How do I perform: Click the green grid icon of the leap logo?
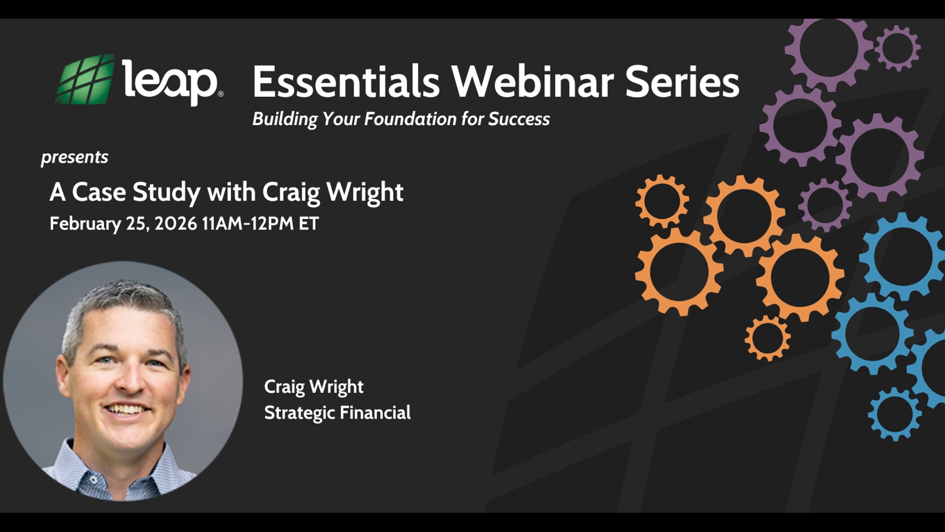coord(85,80)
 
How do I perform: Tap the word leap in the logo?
coord(169,81)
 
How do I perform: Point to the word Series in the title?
coord(682,82)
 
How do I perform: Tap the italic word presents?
coord(74,157)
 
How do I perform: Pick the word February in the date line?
coord(85,224)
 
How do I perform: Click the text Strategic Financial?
coord(337,413)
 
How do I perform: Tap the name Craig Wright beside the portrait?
coord(314,387)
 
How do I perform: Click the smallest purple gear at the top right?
coord(898,48)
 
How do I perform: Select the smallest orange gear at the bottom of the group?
coord(767,338)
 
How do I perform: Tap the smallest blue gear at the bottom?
coord(895,414)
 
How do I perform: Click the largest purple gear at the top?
coord(829,49)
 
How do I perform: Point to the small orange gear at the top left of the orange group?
coord(662,201)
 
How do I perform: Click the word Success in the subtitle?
coord(519,119)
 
